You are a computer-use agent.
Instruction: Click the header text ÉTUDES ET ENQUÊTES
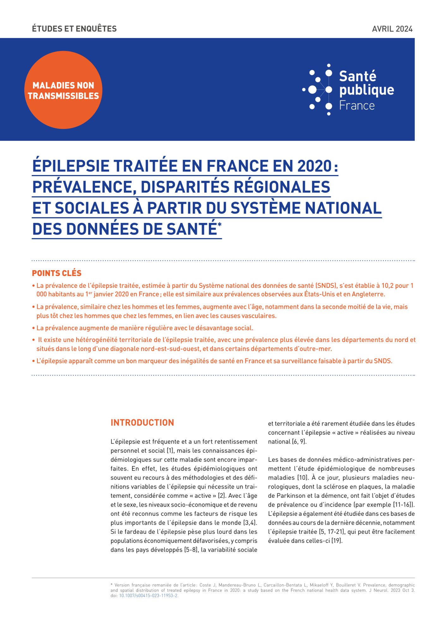tap(74, 29)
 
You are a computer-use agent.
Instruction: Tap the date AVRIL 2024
tap(392, 29)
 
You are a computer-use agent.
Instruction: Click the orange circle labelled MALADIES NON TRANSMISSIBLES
tap(63, 90)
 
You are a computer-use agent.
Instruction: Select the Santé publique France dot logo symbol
tap(318, 90)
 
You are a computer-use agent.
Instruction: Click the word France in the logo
tap(357, 106)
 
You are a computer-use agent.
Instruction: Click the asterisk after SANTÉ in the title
tap(220, 225)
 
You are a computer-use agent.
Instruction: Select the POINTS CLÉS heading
tap(57, 273)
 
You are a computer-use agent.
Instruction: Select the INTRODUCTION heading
tap(142, 423)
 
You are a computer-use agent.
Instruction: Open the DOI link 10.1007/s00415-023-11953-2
tap(148, 596)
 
